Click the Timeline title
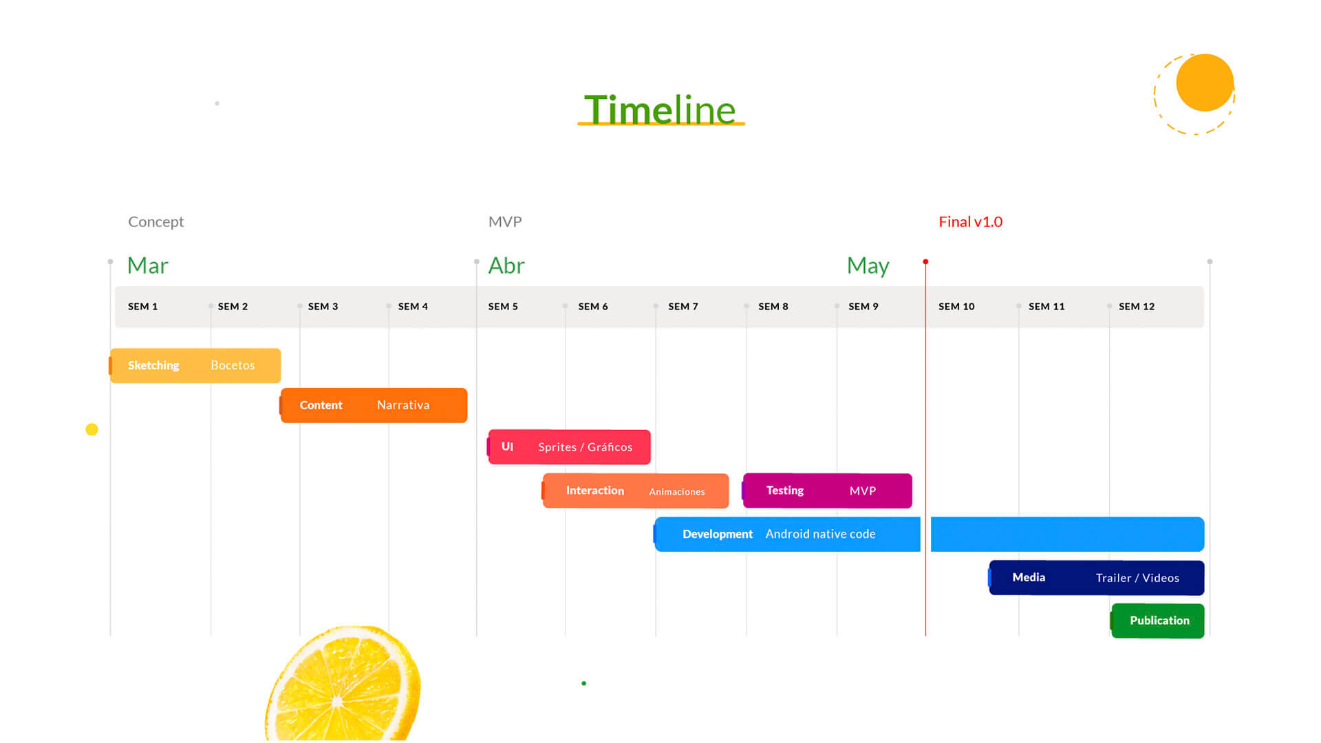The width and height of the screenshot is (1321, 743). click(660, 109)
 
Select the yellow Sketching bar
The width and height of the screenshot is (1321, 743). click(195, 365)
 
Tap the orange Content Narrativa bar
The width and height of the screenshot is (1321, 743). click(373, 405)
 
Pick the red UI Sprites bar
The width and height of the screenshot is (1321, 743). click(569, 447)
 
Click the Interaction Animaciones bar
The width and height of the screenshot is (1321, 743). click(635, 491)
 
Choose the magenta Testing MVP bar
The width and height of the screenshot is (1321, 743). click(827, 491)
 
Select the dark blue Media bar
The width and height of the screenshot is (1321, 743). click(1096, 578)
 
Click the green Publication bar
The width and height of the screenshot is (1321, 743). click(1157, 621)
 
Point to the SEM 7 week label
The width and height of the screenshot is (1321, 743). click(683, 306)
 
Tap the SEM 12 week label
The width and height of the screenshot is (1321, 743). click(1137, 306)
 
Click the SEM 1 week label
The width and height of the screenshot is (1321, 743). click(142, 306)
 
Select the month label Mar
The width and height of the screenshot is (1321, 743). click(148, 266)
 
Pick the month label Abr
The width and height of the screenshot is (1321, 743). click(506, 266)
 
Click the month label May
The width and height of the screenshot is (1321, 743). click(868, 266)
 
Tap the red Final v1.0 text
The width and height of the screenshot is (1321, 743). click(971, 222)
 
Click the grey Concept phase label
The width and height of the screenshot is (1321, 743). click(156, 222)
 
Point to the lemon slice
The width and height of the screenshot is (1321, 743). click(342, 684)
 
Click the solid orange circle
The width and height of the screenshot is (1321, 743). click(1205, 83)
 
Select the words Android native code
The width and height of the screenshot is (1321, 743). click(820, 534)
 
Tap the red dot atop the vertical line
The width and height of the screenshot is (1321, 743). click(925, 261)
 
